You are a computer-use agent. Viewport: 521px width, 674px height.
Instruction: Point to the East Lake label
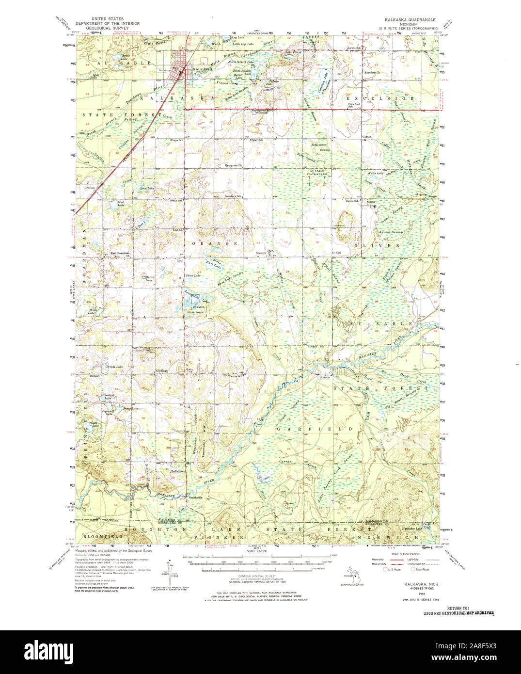(x=212, y=264)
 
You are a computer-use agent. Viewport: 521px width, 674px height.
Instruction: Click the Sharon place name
(x=324, y=377)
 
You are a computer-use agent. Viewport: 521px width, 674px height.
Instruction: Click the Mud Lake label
(x=121, y=204)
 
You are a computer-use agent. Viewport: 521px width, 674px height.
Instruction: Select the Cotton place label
(x=367, y=137)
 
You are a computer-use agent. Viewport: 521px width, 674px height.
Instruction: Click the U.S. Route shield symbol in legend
(x=386, y=569)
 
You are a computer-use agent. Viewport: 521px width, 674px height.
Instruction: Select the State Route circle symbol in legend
(x=412, y=569)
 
